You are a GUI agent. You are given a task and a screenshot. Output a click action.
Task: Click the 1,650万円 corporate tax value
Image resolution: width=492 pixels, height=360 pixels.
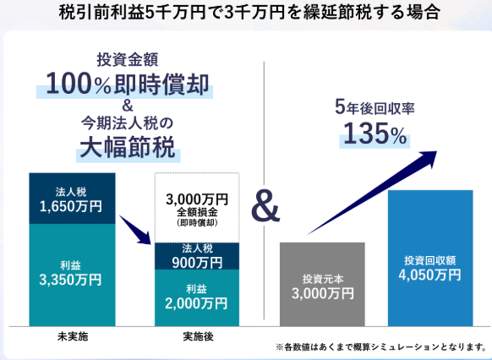71,207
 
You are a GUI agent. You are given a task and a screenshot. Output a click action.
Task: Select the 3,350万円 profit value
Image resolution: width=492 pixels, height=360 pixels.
71,280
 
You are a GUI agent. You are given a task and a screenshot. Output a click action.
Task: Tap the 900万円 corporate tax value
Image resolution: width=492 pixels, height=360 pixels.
197,263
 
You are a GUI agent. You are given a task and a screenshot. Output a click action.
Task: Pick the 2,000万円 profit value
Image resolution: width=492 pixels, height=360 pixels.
196,303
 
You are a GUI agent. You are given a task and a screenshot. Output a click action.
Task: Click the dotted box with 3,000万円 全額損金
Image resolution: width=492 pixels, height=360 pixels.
197,208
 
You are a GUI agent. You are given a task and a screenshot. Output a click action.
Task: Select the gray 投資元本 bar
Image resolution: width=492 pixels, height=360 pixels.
322,284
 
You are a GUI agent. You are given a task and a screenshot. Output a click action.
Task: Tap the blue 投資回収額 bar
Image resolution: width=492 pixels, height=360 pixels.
430,258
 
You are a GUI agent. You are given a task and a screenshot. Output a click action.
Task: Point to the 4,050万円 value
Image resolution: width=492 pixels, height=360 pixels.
430,275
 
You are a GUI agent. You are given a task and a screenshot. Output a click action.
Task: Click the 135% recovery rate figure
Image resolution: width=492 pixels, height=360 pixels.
375,134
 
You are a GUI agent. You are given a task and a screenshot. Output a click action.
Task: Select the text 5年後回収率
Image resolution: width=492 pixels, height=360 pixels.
374,107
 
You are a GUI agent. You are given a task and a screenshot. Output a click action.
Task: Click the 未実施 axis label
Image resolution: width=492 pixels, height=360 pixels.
73,336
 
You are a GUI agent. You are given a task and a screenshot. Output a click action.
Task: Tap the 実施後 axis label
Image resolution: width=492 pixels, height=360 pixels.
199,336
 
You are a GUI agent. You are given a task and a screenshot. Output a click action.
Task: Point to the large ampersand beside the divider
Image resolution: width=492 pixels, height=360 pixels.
265,207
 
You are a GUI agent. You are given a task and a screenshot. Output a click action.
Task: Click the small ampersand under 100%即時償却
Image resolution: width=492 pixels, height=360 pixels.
128,106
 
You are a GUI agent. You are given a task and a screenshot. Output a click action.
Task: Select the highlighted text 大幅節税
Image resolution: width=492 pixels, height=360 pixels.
128,147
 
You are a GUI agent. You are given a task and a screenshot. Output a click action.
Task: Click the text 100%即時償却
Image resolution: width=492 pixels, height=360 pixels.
128,85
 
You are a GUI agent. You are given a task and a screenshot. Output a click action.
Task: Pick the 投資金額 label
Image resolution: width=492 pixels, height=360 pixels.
128,60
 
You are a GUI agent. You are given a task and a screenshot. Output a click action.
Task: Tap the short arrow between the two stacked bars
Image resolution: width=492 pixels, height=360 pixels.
135,230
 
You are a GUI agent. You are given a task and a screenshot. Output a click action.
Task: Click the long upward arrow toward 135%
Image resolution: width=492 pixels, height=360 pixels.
372,193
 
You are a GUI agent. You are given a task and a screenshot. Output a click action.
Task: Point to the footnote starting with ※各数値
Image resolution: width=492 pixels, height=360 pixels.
381,346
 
